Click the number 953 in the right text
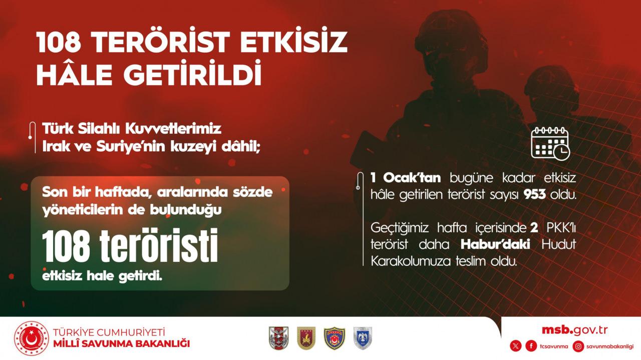pos(534,195)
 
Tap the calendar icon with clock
pos(550,143)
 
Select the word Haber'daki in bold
pos(495,244)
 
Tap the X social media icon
pos(516,346)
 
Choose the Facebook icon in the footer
pos(531,346)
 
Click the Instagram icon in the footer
pos(578,346)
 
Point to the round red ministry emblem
pos(32,338)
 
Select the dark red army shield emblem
pos(306,338)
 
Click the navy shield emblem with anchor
pos(334,338)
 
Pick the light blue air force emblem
pos(363,338)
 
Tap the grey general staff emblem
pos(279,338)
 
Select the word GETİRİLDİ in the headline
pos(193,73)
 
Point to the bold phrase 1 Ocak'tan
pos(406,178)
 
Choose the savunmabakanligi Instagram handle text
pos(610,346)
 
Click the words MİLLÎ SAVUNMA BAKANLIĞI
pos(122,343)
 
